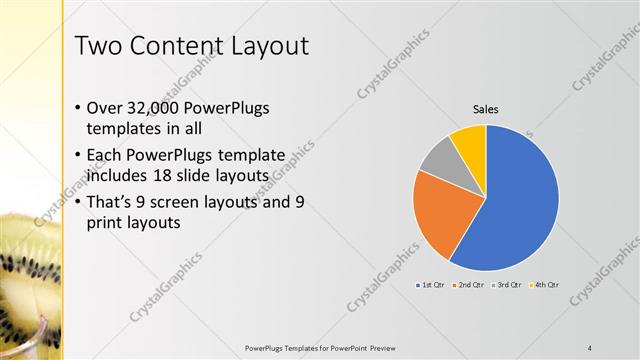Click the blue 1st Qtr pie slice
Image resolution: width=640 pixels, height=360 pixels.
(520, 205)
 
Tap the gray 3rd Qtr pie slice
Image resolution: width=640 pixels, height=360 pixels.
(438, 156)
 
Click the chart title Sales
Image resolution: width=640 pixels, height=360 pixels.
(485, 109)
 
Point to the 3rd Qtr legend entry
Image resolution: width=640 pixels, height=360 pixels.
(507, 285)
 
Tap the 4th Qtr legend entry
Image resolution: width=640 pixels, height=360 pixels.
(543, 285)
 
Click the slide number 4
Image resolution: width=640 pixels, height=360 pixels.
(590, 347)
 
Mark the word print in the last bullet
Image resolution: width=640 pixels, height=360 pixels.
(104, 224)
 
